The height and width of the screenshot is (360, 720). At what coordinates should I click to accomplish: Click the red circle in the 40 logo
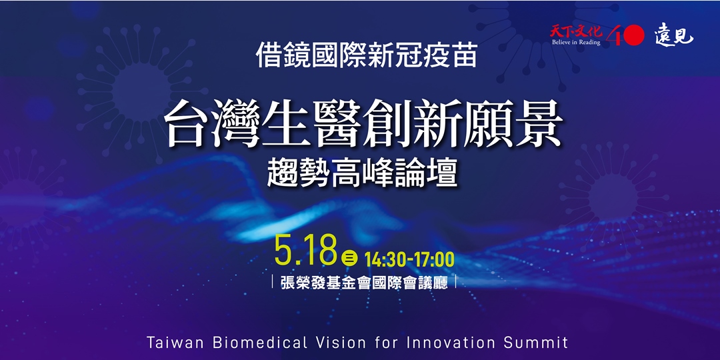coord(633,35)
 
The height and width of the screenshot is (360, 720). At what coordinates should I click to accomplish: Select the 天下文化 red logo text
coord(575,30)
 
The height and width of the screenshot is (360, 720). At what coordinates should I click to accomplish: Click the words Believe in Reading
coord(575,42)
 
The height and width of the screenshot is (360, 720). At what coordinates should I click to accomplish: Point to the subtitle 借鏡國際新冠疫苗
coord(367,56)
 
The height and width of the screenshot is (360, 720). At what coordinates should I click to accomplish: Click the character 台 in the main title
coord(188,125)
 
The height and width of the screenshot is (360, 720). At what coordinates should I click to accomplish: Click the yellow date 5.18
coord(305,251)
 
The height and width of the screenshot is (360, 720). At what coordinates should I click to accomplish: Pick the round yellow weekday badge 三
coord(349,257)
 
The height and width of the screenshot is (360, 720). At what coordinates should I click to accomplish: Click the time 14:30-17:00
coord(409,257)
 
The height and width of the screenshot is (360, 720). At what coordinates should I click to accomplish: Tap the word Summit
coord(537,343)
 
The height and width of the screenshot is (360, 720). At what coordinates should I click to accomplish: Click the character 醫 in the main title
coord(327,125)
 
